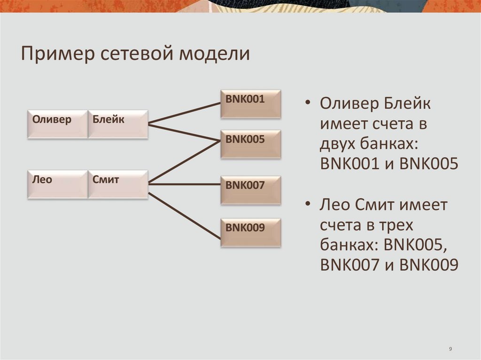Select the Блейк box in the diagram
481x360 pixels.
click(118, 124)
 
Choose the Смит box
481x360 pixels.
click(118, 184)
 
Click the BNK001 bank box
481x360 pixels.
click(251, 104)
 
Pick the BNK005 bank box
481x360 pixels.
click(251, 144)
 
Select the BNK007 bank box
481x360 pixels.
click(251, 190)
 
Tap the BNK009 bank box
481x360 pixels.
click(251, 233)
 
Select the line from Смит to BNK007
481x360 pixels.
click(185, 184)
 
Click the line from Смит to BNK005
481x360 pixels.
click(185, 161)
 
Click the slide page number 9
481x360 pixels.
click(450, 349)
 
